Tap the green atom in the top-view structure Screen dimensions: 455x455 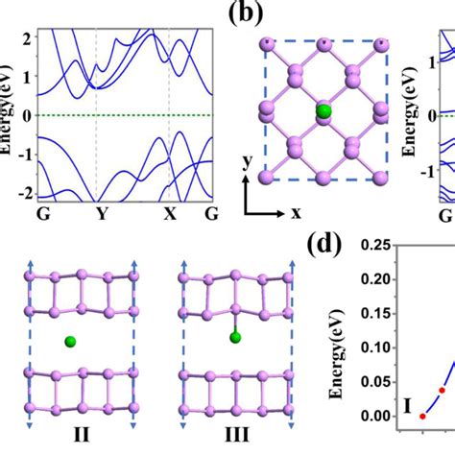pos(323,111)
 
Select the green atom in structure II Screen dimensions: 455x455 pos(70,340)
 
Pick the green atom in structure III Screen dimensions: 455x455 pos(234,336)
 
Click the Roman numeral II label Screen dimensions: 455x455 pos(81,433)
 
